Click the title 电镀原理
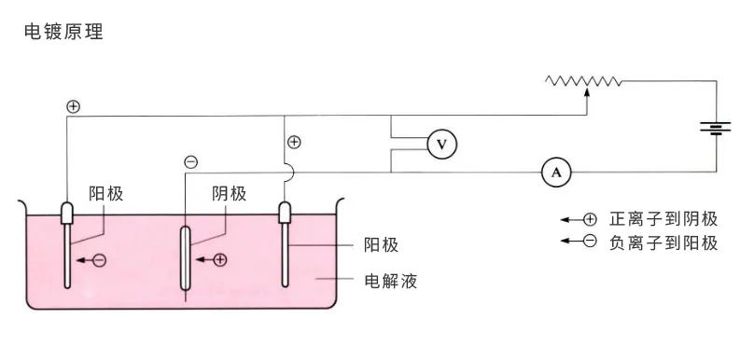[x=63, y=32]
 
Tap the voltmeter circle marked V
[x=442, y=144]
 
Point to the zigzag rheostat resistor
[x=584, y=82]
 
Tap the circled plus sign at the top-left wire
[x=73, y=106]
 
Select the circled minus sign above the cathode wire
[x=191, y=162]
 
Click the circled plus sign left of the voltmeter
[x=294, y=143]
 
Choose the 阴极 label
[x=230, y=193]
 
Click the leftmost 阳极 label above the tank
[x=106, y=193]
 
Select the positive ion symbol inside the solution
[x=220, y=260]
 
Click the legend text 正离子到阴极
[x=663, y=219]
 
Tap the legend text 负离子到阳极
[x=663, y=243]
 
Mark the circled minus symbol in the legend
[x=589, y=243]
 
